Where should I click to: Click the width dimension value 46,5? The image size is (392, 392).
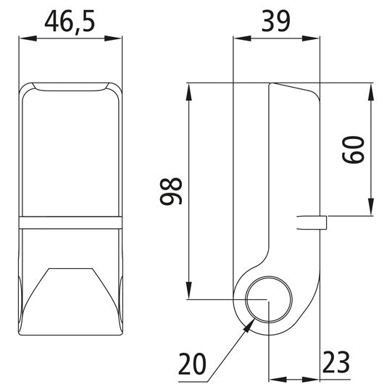coord(70,22)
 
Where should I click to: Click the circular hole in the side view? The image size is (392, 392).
coord(268,300)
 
